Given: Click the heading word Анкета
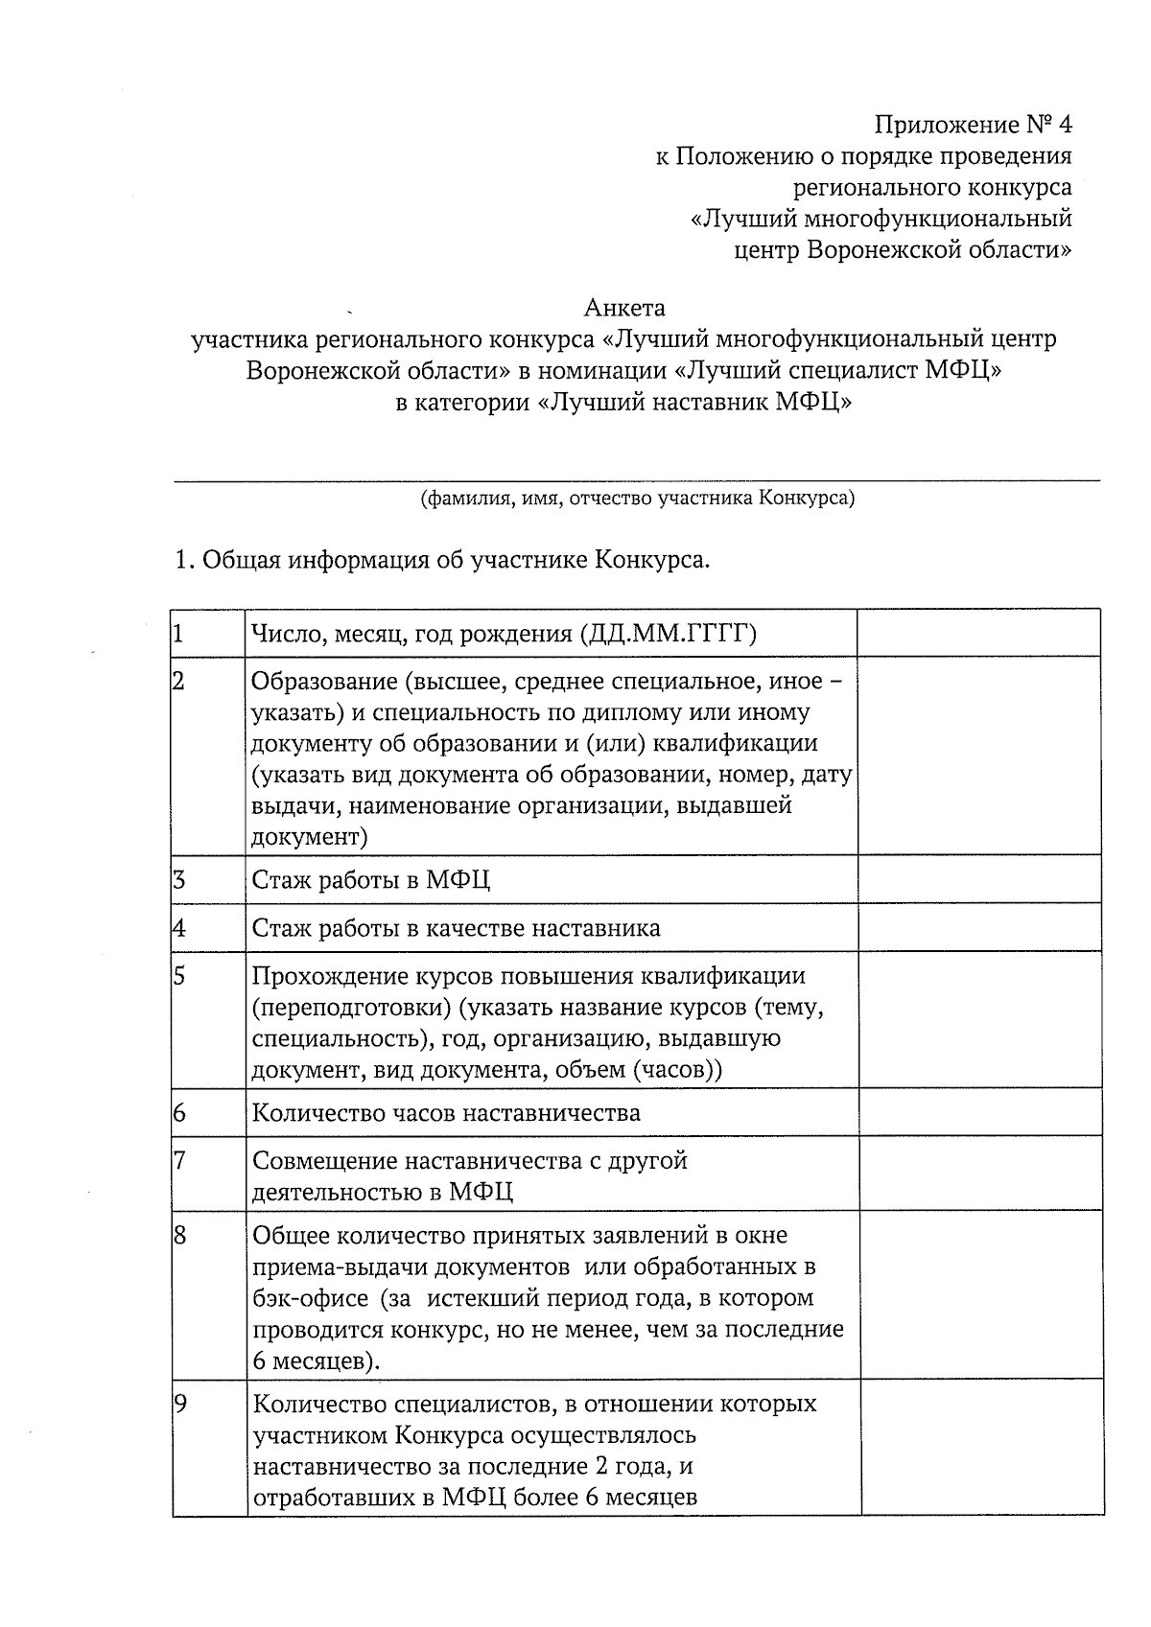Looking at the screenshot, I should pos(624,309).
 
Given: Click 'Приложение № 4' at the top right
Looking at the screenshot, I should pos(973,126).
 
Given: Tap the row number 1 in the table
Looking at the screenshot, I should pos(178,633).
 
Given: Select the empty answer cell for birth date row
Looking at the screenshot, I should pos(978,633).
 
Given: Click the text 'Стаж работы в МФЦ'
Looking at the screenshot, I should pos(371,880).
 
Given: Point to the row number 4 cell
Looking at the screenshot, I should pos(179,928).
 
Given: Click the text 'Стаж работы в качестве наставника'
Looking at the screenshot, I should pos(457,928).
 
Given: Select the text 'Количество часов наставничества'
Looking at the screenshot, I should pos(446,1113).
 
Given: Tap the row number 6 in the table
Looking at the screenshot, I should pos(179,1113).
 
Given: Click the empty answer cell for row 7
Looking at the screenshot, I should pos(980,1174).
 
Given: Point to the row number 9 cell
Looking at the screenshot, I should pos(180,1405).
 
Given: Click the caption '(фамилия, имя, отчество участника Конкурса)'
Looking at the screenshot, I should pos(637,499).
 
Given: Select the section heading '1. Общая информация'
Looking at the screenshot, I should pos(441,560).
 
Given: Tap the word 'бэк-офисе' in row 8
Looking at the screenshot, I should pos(310,1298).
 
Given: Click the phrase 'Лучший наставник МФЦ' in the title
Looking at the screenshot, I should pos(695,402).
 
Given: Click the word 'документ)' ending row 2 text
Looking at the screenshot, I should pos(310,836).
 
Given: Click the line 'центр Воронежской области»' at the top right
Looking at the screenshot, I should pos(903,250).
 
